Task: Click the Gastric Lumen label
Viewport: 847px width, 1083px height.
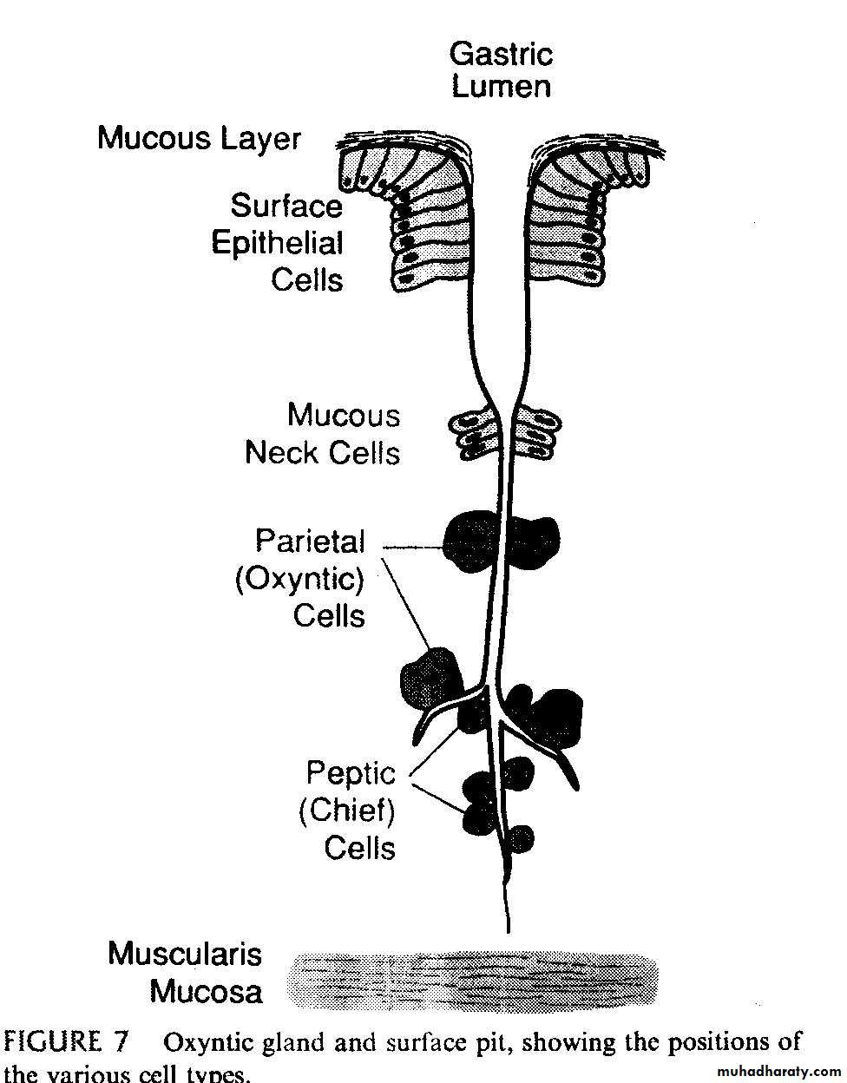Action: [501, 69]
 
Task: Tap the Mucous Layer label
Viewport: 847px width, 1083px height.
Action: [199, 138]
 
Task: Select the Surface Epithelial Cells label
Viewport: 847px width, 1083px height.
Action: [278, 242]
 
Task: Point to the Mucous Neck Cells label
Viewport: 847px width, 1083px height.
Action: [323, 434]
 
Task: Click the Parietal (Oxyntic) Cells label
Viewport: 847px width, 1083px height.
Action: [310, 578]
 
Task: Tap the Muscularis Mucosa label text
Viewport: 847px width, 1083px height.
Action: [185, 972]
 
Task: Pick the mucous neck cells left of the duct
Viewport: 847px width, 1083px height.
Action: [472, 435]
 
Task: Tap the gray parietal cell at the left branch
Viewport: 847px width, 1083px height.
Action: [430, 677]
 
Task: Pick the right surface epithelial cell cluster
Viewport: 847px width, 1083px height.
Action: [585, 217]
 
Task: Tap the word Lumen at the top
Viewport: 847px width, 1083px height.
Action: [501, 87]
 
